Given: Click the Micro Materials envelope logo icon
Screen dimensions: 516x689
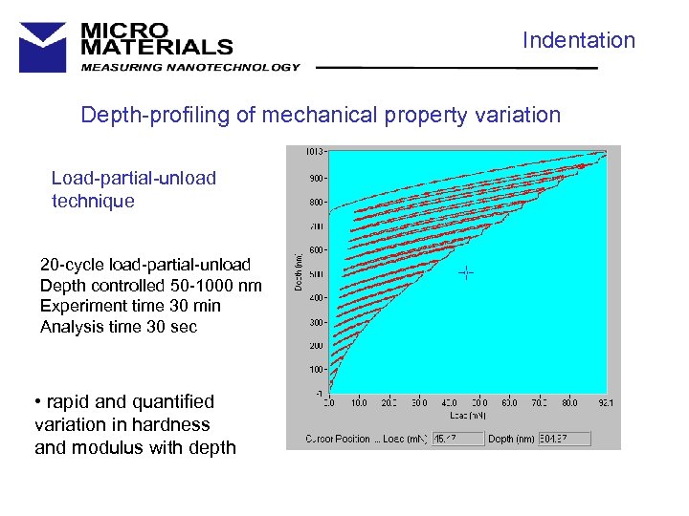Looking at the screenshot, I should point(43,46).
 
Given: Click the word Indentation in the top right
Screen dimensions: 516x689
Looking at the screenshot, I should point(578,40).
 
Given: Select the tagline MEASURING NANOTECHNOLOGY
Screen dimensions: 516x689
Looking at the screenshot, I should point(189,67).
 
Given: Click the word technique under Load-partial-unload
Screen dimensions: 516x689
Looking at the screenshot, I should point(93,201).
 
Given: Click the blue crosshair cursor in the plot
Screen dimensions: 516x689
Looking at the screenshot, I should point(466,272).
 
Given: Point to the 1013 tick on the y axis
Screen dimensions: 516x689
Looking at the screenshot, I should point(314,151).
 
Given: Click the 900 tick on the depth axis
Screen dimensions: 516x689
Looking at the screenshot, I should point(316,178).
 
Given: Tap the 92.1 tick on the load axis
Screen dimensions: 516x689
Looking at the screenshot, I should point(604,402).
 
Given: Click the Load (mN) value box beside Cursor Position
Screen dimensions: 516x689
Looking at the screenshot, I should point(455,439).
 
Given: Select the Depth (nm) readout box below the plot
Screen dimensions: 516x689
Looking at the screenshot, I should point(564,439).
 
